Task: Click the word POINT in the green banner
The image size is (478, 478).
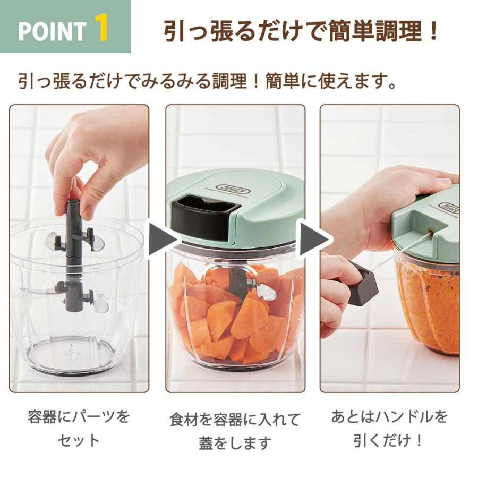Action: tap(52, 31)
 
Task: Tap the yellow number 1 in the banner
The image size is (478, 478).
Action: tap(101, 28)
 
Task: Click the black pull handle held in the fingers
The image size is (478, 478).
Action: tap(362, 285)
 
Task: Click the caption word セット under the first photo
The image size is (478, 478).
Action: tap(79, 440)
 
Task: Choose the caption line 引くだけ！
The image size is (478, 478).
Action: tap(389, 440)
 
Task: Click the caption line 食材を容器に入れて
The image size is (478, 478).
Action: tap(235, 419)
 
